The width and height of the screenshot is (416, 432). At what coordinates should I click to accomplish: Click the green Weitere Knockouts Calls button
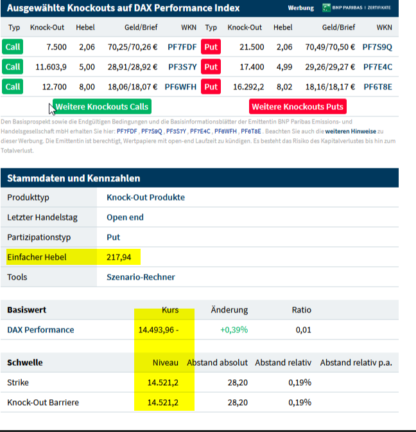[x=101, y=107]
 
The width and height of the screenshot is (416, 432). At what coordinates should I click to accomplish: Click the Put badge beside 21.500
[x=211, y=47]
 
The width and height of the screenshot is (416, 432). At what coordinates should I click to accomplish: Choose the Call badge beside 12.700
[x=13, y=87]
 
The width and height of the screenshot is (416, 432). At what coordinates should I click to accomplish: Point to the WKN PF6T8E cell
[x=377, y=87]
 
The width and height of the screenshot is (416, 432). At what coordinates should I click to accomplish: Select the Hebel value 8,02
[x=282, y=87]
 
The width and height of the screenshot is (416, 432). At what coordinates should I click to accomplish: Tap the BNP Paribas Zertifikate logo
[x=356, y=8]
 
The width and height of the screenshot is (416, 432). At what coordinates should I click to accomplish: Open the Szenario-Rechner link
[x=141, y=277]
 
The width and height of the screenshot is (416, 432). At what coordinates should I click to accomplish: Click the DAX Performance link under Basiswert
[x=40, y=330]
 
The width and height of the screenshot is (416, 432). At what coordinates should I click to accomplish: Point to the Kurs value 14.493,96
[x=157, y=330]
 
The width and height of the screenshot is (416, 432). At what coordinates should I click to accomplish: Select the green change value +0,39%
[x=234, y=330]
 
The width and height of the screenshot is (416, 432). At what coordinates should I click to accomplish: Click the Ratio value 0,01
[x=303, y=330]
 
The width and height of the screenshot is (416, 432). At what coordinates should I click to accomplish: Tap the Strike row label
[x=18, y=382]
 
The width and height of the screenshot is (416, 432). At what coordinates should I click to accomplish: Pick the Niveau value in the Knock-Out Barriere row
[x=162, y=402]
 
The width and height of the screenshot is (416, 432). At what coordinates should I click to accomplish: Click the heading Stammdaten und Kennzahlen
[x=73, y=178]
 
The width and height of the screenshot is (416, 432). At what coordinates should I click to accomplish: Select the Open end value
[x=125, y=217]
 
